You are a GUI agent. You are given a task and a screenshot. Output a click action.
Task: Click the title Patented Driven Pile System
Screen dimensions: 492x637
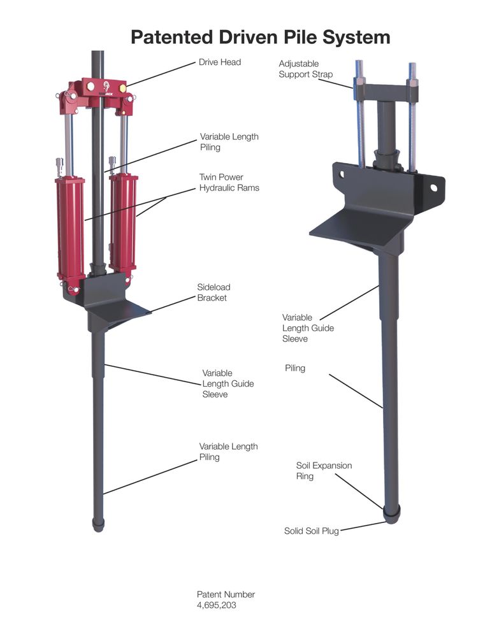[260, 37]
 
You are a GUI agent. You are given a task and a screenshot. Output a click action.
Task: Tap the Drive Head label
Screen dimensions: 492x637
[220, 62]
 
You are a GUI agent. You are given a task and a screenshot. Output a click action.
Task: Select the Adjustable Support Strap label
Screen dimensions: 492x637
[305, 69]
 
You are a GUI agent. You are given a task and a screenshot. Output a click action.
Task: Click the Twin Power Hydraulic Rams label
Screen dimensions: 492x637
[229, 182]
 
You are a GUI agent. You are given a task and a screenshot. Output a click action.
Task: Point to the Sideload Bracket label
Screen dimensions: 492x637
[213, 292]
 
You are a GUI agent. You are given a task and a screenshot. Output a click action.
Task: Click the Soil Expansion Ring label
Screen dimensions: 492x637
[324, 471]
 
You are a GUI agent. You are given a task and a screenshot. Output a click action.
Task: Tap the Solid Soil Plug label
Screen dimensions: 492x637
[312, 531]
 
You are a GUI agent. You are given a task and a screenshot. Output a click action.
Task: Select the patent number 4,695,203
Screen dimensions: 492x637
[216, 605]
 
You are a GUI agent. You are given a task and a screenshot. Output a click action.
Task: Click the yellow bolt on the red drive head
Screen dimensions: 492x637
[122, 88]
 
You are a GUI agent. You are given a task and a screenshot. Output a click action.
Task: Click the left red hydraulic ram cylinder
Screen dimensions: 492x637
[70, 228]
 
